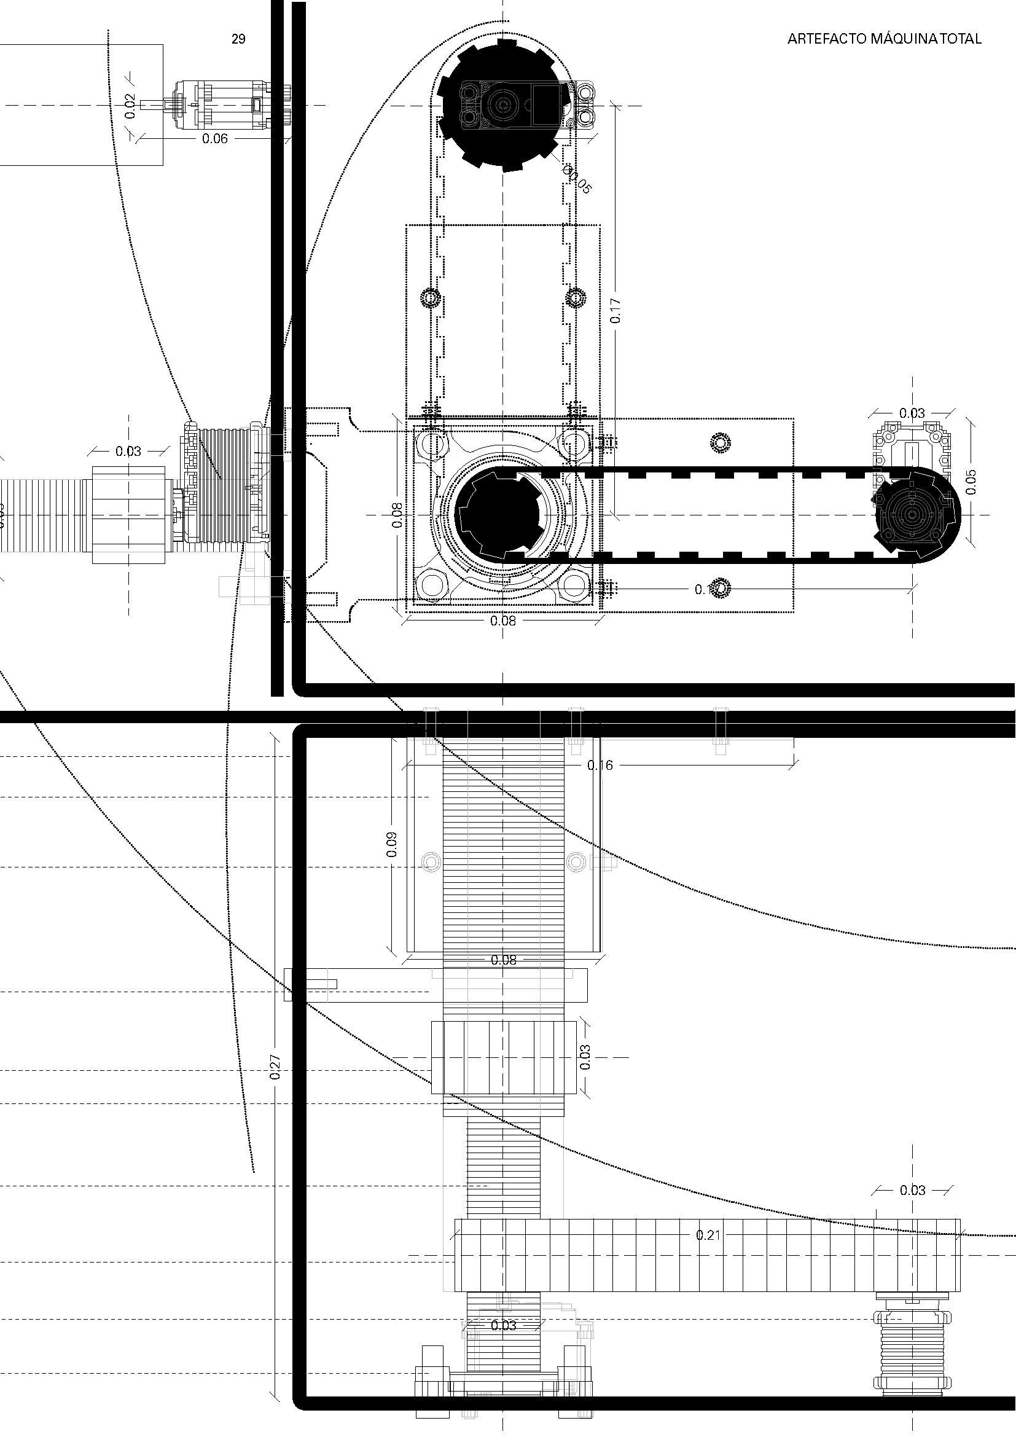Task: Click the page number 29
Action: [238, 39]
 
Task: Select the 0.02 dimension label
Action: [130, 106]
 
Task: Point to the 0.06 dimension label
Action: [214, 139]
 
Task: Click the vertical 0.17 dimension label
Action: [615, 310]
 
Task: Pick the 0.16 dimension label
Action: [600, 765]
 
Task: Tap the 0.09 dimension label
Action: [393, 844]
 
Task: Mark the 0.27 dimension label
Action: [275, 1067]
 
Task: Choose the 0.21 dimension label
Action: [708, 1235]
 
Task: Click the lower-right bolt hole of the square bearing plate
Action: [574, 587]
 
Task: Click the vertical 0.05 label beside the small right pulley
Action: [971, 482]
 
